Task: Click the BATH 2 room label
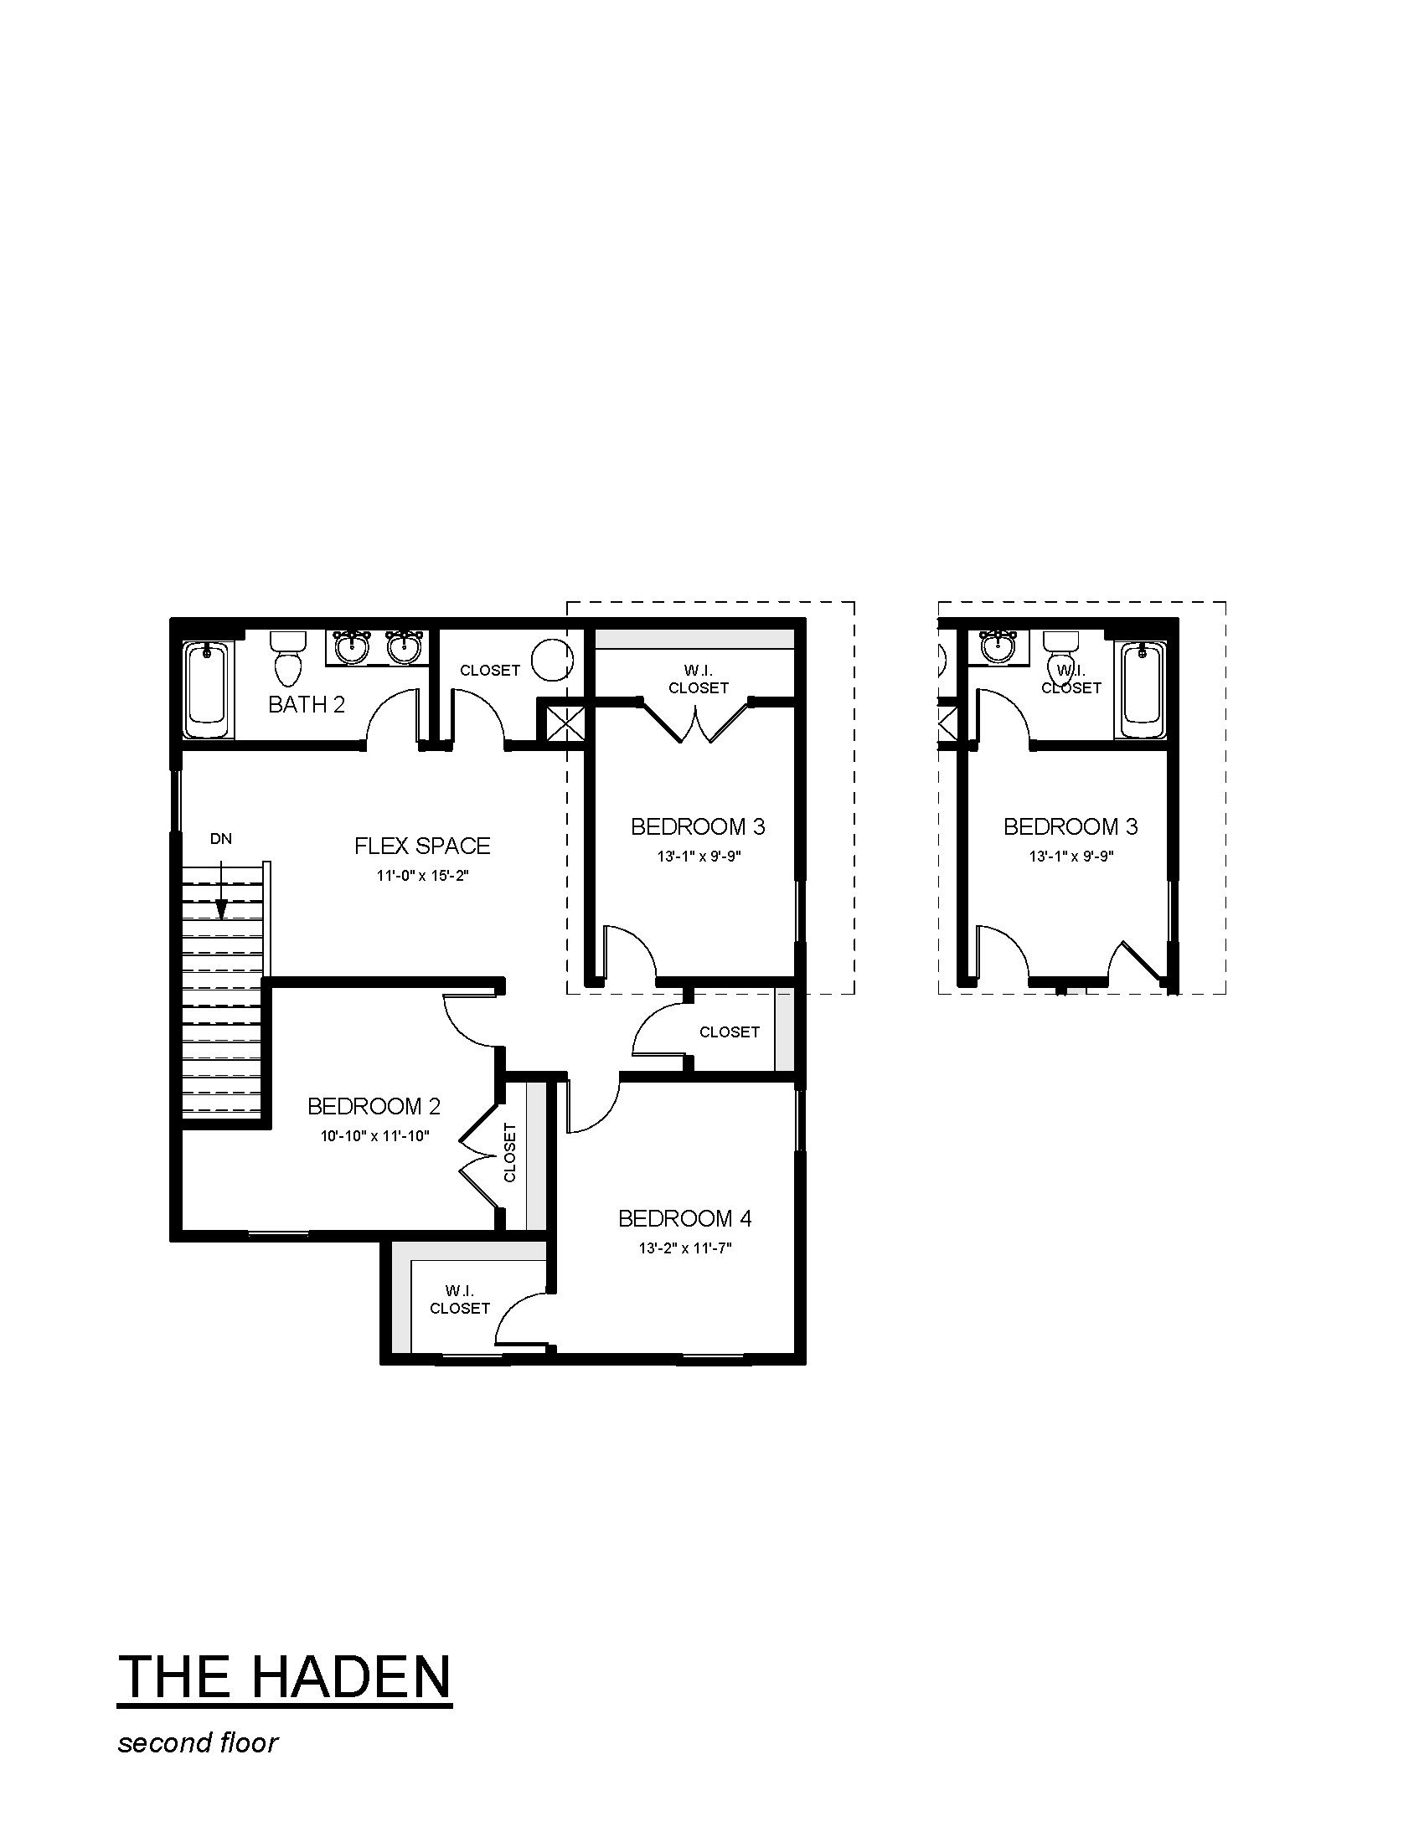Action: point(307,704)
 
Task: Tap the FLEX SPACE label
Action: point(422,846)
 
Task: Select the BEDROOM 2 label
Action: point(374,1106)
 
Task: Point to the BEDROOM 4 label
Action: point(685,1218)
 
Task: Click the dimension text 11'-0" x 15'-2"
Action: point(422,876)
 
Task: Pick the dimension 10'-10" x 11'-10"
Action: point(374,1136)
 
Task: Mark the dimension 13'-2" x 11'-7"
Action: point(685,1248)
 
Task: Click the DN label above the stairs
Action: point(221,839)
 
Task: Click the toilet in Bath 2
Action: point(287,659)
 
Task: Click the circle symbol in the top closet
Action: point(552,661)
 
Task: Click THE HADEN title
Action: point(284,1678)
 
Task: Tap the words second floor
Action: point(199,1743)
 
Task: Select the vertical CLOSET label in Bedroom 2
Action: point(509,1152)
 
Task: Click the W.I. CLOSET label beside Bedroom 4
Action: point(460,1299)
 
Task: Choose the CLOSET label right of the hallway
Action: point(730,1032)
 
